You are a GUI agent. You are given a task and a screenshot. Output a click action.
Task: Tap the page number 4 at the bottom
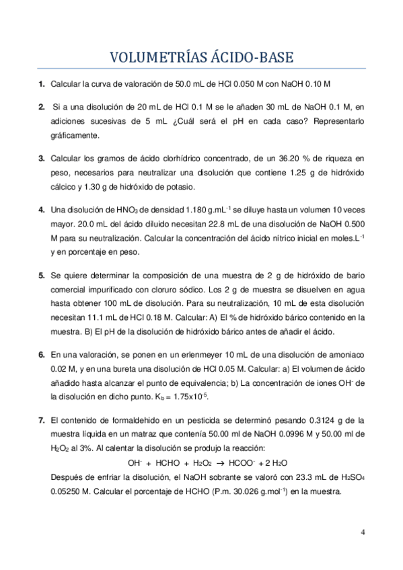pos(363,533)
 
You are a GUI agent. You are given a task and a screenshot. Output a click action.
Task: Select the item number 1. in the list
pos(42,84)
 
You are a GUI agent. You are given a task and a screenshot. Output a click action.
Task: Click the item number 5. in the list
pos(42,275)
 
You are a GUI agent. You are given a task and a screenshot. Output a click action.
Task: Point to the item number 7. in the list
pos(42,419)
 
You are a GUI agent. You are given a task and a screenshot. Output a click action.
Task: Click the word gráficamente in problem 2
pos(75,135)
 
